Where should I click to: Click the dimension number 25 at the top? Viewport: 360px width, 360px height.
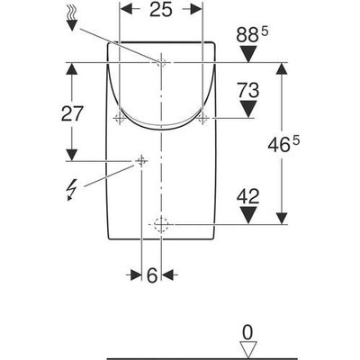coord(161,9)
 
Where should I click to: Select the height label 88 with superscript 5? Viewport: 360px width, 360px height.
coord(252,35)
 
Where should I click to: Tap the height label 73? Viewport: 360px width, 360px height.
coord(248,91)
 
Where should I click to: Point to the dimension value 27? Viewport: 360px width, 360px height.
coord(72,113)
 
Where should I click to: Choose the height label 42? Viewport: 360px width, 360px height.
coord(248,197)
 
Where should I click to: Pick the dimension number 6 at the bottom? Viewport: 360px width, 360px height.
coord(152,274)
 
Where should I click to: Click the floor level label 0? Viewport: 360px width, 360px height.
coord(248,333)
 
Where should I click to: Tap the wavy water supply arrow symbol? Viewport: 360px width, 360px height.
coord(71,19)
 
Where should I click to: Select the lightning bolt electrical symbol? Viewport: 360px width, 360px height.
coord(71,190)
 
